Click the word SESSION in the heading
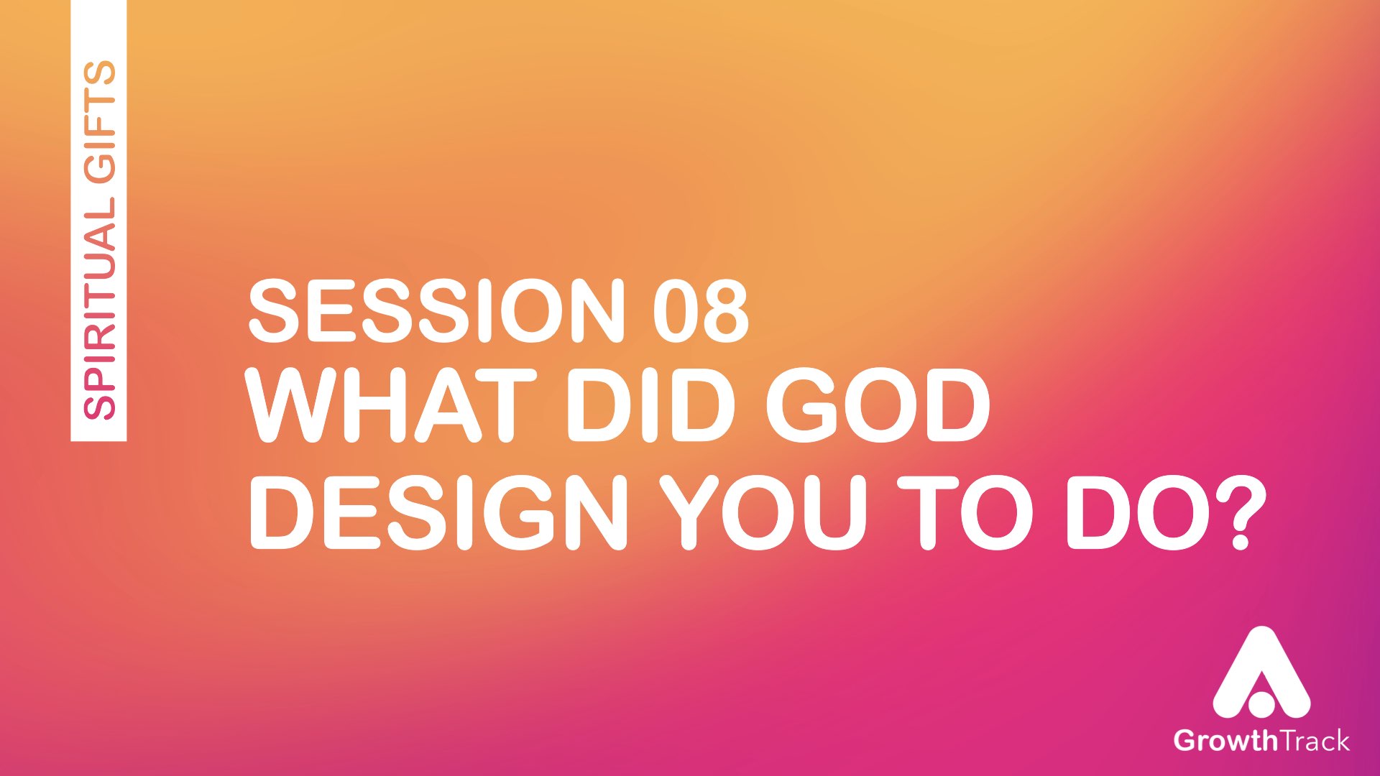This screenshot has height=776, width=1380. click(x=436, y=310)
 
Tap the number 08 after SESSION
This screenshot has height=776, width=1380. click(x=701, y=310)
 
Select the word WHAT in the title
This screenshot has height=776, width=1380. click(x=391, y=405)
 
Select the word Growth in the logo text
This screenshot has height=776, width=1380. click(x=1225, y=740)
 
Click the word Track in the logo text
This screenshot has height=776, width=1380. click(x=1314, y=740)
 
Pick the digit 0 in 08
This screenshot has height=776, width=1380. click(x=676, y=310)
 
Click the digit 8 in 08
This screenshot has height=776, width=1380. click(x=727, y=310)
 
